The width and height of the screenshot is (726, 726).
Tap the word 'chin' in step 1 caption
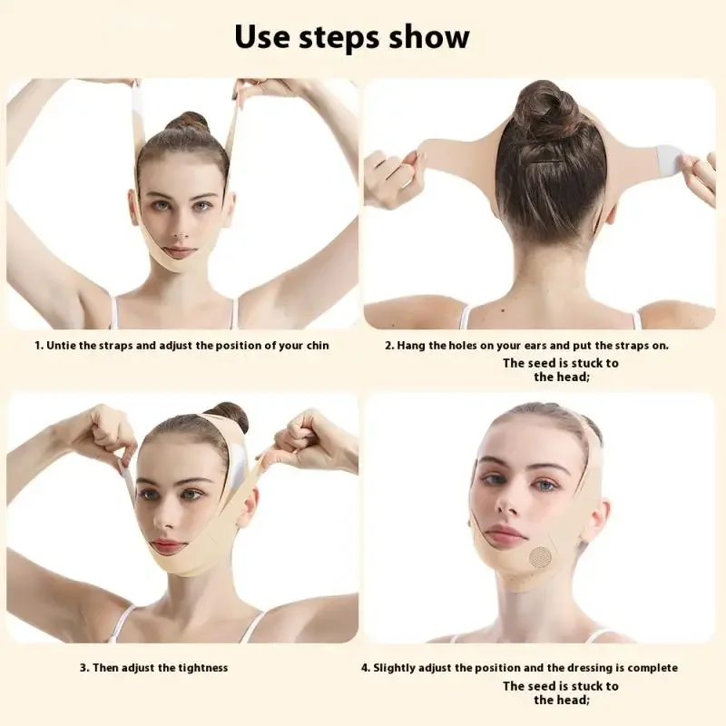[x=315, y=345]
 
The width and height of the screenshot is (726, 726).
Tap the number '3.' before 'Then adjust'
[x=84, y=668]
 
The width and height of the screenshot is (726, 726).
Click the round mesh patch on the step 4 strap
[x=540, y=556]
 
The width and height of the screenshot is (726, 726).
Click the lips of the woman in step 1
[x=180, y=251]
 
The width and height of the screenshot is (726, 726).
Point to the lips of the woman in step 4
[x=505, y=535]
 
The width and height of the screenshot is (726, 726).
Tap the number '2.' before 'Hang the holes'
[x=389, y=345]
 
